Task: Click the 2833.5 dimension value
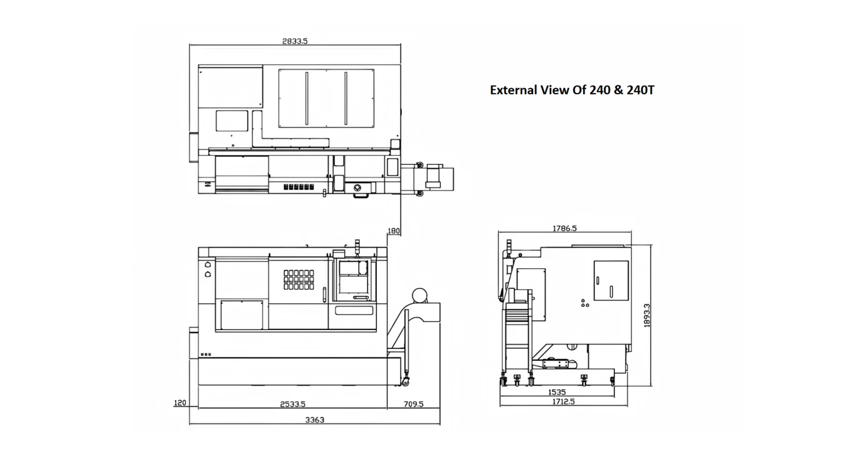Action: (295, 41)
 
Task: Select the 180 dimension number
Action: (394, 231)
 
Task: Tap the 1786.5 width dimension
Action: (564, 228)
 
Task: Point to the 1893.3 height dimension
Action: (647, 315)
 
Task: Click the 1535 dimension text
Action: (556, 392)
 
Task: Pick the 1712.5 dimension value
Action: (563, 402)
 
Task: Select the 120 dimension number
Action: (180, 402)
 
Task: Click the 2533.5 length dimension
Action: (292, 404)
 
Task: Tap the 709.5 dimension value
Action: (413, 404)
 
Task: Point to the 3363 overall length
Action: (314, 420)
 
